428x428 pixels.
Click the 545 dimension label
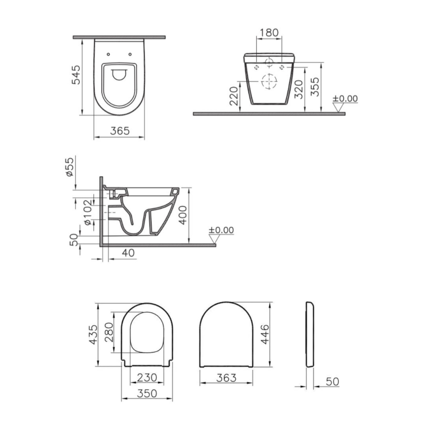click(76, 75)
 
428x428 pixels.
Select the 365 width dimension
click(120, 131)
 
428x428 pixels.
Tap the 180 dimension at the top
click(269, 33)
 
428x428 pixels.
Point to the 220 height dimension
click(234, 96)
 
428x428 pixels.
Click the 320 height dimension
click(299, 89)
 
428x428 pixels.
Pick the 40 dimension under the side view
click(128, 253)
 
